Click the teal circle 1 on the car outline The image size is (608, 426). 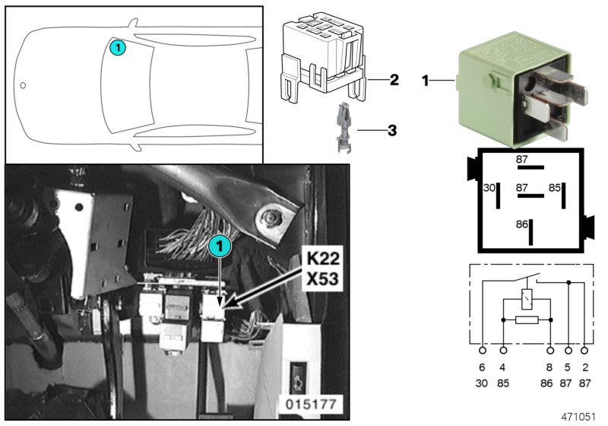pyautogui.click(x=117, y=48)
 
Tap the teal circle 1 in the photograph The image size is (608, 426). pyautogui.click(x=218, y=245)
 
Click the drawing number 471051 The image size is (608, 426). pyautogui.click(x=579, y=417)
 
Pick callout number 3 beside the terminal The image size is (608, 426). pyautogui.click(x=392, y=130)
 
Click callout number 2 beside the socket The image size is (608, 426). pyautogui.click(x=394, y=79)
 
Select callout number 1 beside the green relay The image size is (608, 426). pyautogui.click(x=427, y=78)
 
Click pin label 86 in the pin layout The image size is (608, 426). pyautogui.click(x=521, y=225)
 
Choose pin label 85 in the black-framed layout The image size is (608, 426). pyautogui.click(x=555, y=186)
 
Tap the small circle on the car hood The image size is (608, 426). pyautogui.click(x=23, y=85)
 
